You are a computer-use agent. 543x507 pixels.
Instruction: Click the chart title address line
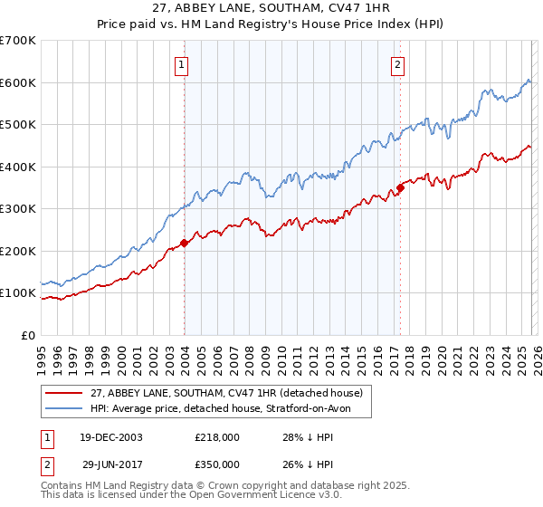click(x=271, y=8)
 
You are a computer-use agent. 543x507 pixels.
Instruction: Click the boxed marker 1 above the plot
click(x=183, y=64)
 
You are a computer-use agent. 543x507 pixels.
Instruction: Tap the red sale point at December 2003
click(x=184, y=243)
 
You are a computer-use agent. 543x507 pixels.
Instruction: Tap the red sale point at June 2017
click(x=399, y=187)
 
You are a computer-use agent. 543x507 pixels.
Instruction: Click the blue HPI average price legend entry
click(x=231, y=409)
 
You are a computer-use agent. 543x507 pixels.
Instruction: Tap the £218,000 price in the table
click(x=217, y=436)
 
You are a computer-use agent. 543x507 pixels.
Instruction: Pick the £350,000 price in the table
click(x=217, y=464)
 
